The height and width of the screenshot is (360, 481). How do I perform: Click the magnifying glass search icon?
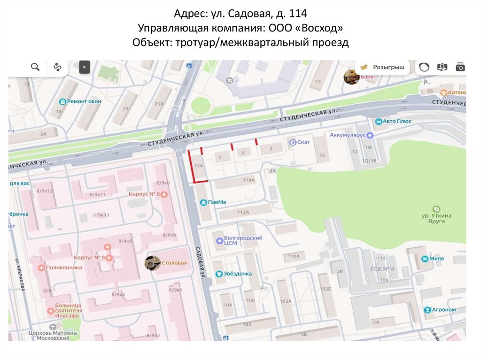[35, 67]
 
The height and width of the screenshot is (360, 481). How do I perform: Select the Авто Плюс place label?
[396, 122]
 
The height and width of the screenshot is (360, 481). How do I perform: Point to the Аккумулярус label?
[348, 135]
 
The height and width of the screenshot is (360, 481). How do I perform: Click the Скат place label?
[303, 142]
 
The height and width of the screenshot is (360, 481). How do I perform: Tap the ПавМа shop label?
[217, 202]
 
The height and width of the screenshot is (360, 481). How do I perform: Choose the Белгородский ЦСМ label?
[242, 241]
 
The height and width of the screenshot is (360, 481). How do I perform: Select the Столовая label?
[174, 263]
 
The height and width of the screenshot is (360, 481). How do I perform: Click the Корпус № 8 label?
[144, 194]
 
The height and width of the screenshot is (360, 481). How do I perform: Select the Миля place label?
[436, 259]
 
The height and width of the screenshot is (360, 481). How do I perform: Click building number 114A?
[248, 180]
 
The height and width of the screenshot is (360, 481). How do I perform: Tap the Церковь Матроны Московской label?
[49, 335]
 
